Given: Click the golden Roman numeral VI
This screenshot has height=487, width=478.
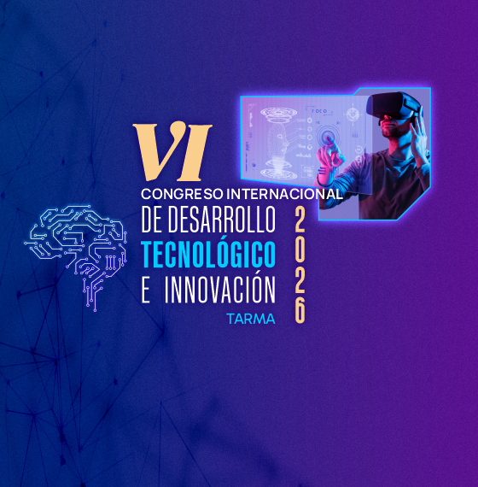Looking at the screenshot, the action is coord(172,151).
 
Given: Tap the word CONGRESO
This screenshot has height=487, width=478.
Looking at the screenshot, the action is coord(182,194).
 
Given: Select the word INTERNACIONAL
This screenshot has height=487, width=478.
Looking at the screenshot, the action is coord(284,194).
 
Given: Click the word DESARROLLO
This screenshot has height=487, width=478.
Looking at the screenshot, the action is coord(222,219).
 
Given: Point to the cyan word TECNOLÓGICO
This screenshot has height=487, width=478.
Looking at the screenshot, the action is coord(208,254).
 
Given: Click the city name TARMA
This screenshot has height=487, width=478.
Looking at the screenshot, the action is coord(251,319).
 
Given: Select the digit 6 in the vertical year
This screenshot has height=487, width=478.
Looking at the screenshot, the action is coord(300,311).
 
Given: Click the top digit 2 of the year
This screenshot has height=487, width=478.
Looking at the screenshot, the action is coord(300,220).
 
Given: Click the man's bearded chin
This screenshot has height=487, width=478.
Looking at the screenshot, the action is coord(389,132).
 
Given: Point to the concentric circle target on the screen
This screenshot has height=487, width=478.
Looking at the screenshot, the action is coord(326,136).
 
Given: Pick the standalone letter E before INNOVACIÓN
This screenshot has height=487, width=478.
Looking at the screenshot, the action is coord(146,290).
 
